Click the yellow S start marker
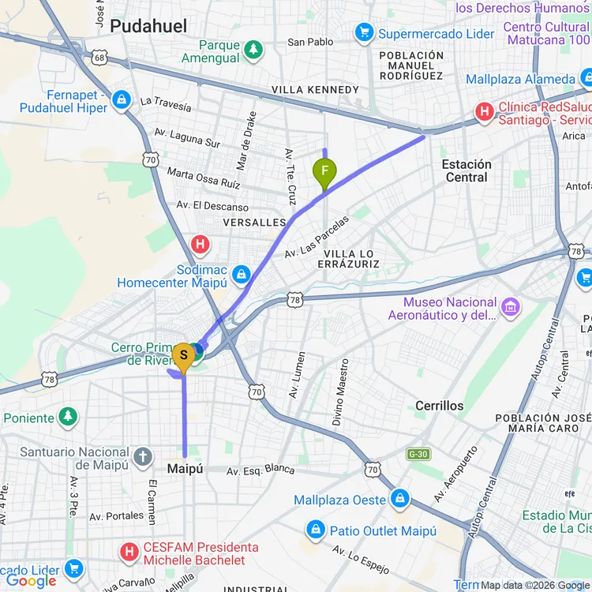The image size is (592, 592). [184, 356]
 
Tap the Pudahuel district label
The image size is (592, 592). [148, 26]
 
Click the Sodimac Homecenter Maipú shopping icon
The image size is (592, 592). [242, 275]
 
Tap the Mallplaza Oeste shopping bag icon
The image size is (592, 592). [400, 499]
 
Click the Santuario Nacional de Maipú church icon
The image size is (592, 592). [142, 456]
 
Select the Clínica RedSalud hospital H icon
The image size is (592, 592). [484, 111]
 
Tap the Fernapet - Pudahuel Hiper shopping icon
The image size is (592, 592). [121, 99]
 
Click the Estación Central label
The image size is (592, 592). [466, 170]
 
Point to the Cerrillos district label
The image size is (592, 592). [440, 405]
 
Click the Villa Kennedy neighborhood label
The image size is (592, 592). [315, 90]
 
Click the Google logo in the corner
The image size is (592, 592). [32, 581]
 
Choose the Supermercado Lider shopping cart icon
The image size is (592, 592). [364, 32]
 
